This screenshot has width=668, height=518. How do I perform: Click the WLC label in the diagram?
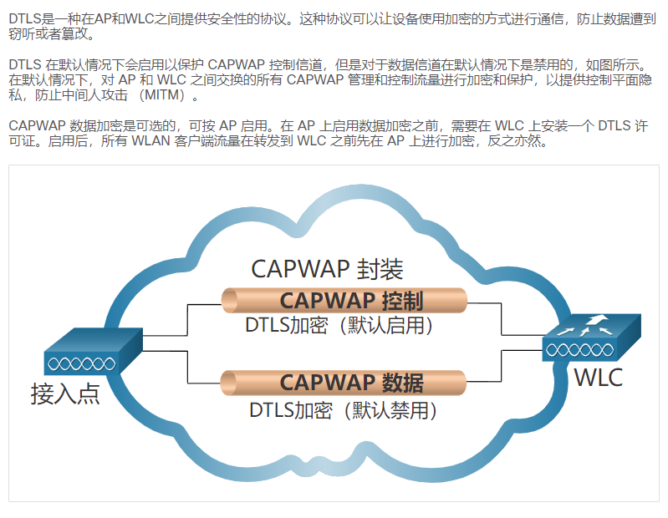[598, 377]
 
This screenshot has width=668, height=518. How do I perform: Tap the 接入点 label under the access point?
[65, 393]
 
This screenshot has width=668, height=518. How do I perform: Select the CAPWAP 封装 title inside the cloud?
[327, 269]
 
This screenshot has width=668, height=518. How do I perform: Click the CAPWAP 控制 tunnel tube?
[251, 300]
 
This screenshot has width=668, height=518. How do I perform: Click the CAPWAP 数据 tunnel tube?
[251, 382]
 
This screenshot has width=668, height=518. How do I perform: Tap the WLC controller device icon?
[590, 338]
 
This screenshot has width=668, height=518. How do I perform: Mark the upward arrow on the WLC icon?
[595, 321]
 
